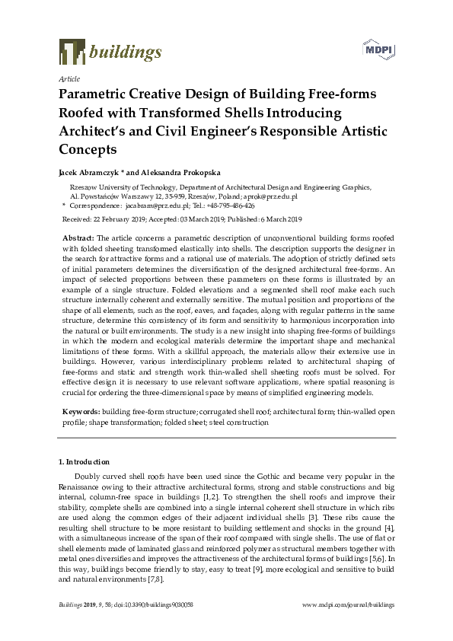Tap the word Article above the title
(x=69, y=78)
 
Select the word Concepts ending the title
(x=88, y=149)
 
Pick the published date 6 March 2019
(x=281, y=218)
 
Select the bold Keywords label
(x=81, y=411)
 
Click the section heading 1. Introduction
(x=84, y=462)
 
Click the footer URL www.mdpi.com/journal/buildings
(x=349, y=604)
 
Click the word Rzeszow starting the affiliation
(x=84, y=186)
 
